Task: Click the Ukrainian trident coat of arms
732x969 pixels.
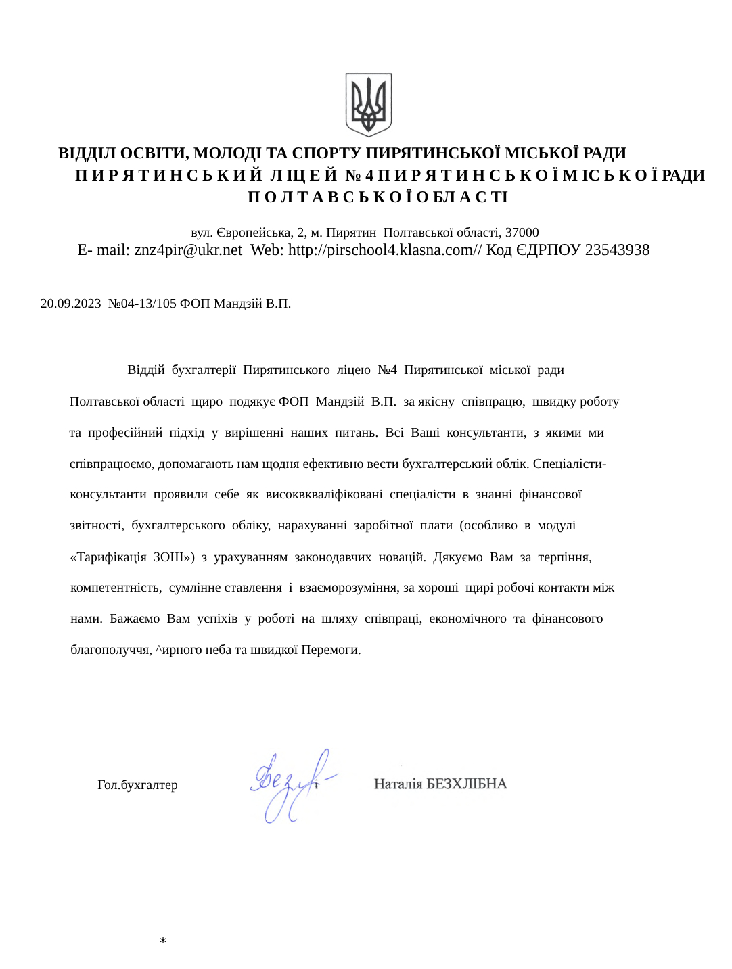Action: (369, 105)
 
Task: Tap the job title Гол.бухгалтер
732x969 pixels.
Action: (137, 785)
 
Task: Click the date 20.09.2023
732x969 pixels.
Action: (70, 303)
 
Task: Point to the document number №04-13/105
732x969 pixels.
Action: (142, 303)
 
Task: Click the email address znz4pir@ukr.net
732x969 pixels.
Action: (187, 250)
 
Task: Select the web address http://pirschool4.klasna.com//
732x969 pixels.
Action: (385, 250)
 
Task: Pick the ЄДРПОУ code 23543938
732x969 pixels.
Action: (617, 250)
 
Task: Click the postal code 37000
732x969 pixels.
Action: (522, 233)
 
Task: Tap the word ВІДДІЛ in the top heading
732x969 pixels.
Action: (87, 153)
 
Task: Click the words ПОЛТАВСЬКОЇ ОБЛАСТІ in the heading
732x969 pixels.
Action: (378, 197)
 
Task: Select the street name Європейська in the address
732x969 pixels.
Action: (253, 233)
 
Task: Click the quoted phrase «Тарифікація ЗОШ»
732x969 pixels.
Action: (132, 557)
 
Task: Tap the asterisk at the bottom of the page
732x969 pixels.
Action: (163, 941)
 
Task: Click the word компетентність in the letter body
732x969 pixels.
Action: (116, 588)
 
